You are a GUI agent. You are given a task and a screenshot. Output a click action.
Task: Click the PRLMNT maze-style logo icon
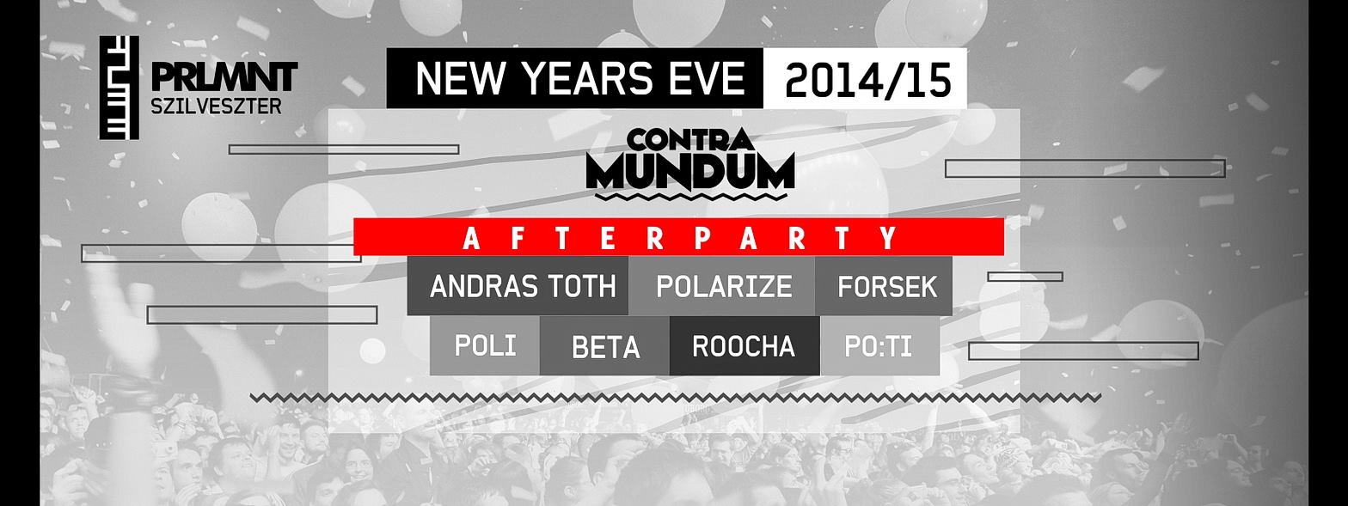pos(119,88)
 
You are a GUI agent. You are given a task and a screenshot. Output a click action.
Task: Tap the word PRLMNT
pos(224,77)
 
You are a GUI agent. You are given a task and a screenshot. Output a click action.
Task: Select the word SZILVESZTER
pos(216,107)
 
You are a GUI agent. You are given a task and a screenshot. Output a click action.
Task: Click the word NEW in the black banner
pos(459,79)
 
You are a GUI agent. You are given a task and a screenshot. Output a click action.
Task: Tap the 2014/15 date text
pos(868,80)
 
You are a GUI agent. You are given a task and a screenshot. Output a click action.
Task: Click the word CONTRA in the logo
pos(690,139)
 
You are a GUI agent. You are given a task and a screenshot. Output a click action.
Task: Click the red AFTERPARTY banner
pos(679,237)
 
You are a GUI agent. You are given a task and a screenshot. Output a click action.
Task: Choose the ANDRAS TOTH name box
pos(518,286)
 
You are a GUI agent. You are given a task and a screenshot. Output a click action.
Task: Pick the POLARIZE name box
pos(722,286)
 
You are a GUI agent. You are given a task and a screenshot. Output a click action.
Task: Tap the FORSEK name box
pos(884,286)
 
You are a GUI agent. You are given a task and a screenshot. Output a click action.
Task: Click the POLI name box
pos(485,346)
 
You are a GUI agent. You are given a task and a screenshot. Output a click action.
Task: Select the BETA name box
pos(605,346)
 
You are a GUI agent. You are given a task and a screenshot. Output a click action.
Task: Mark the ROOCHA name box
pos(745,346)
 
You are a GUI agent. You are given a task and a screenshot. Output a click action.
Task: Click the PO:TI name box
pos(879,346)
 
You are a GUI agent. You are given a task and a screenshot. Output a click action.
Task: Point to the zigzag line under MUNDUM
pos(691,196)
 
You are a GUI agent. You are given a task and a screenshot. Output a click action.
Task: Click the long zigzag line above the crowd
pos(675,398)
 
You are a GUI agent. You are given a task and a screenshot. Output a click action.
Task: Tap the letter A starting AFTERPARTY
pos(471,238)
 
